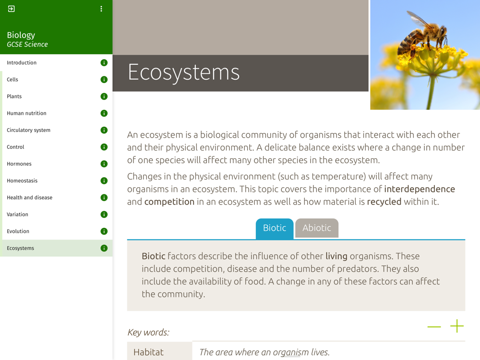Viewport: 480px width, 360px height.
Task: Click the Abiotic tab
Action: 316,228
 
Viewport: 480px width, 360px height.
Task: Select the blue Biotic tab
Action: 275,228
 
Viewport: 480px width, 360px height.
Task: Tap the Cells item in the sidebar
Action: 12,80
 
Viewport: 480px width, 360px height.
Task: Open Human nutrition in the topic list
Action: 26,113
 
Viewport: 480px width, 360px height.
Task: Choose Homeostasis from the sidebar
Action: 22,180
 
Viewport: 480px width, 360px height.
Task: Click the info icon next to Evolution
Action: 104,231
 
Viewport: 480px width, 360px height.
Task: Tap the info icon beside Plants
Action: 104,96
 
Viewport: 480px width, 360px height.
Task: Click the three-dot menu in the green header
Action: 101,9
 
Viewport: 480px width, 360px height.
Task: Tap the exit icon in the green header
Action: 12,9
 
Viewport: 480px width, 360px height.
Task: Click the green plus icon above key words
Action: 457,326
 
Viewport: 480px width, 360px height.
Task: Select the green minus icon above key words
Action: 434,326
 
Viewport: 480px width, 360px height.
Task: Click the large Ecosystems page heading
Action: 184,72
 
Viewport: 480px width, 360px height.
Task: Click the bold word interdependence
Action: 420,189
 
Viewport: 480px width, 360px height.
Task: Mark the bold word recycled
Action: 384,202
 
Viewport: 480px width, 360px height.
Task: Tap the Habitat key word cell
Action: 159,351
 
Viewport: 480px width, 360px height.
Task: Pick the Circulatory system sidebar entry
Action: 28,130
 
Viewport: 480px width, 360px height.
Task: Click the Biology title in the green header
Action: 21,35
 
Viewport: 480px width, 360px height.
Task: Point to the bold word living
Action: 336,256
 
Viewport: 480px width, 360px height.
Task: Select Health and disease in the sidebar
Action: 29,197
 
